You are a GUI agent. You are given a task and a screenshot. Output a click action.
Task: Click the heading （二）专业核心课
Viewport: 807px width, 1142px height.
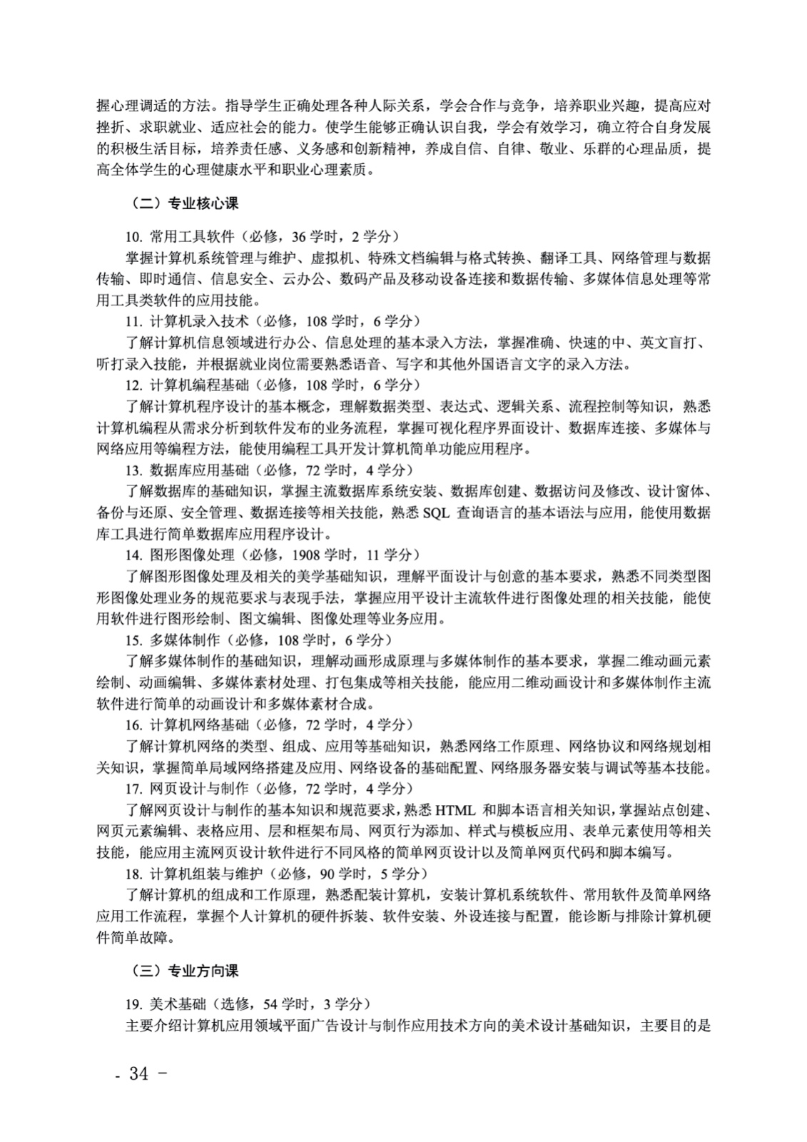point(186,203)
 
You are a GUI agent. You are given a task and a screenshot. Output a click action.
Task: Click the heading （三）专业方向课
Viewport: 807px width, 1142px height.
point(186,971)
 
